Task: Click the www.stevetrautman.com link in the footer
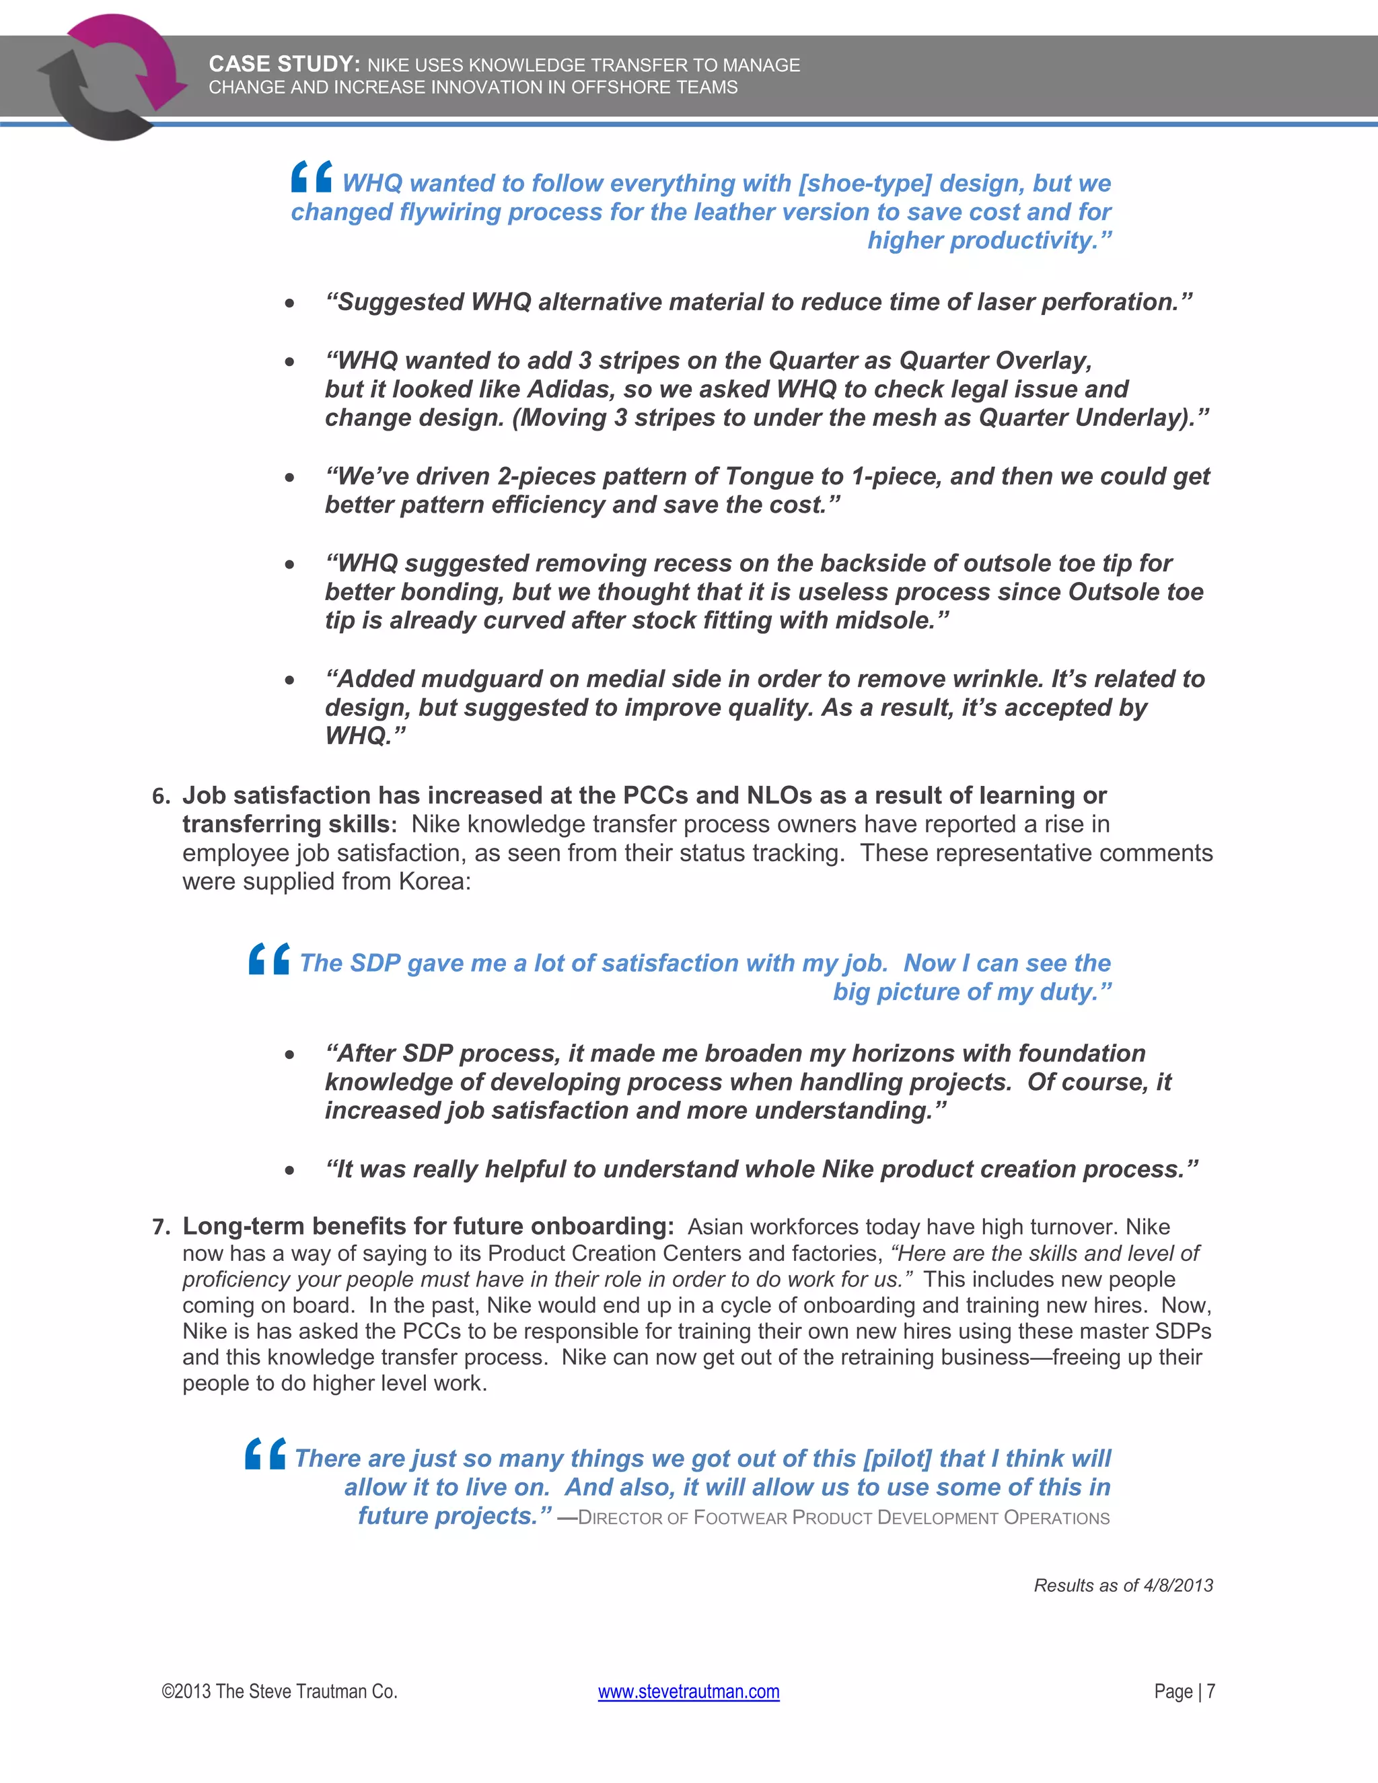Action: (688, 1691)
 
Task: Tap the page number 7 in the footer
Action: (1210, 1691)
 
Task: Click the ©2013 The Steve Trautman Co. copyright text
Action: (279, 1691)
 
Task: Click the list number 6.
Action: (160, 796)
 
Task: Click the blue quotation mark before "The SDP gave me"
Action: (269, 958)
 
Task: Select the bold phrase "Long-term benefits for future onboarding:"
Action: (428, 1226)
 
